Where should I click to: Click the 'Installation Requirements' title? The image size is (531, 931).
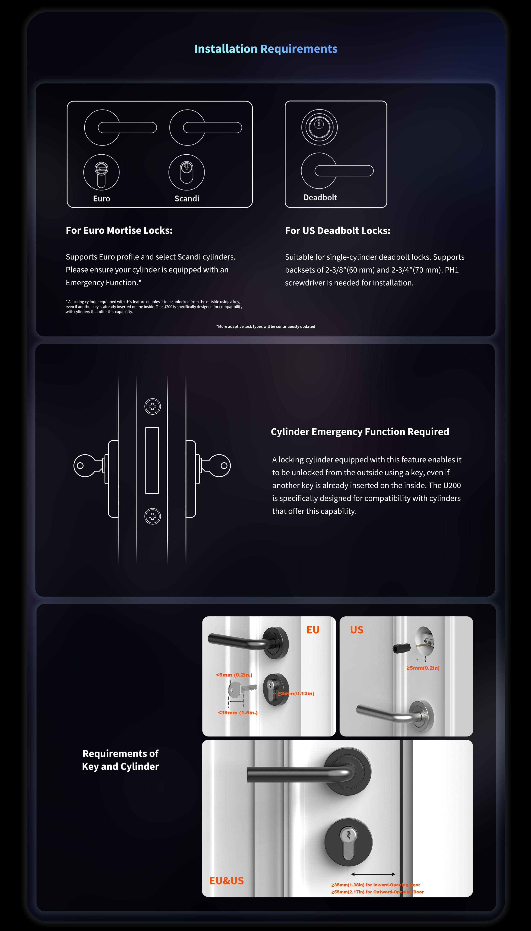(x=265, y=49)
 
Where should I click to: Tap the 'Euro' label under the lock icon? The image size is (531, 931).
(x=101, y=198)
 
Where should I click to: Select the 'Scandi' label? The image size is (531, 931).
(x=187, y=198)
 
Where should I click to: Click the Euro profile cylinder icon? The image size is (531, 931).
(x=101, y=172)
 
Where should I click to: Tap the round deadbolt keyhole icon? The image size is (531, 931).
(x=319, y=127)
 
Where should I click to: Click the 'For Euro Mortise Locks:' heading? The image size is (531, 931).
(x=119, y=231)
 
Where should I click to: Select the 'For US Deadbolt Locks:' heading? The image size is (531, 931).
(x=337, y=231)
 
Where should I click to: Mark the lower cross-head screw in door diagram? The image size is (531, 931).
(x=152, y=516)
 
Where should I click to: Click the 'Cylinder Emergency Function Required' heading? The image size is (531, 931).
(x=360, y=432)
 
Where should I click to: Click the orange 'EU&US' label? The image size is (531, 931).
(x=226, y=881)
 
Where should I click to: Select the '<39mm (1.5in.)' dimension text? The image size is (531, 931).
(x=237, y=712)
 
